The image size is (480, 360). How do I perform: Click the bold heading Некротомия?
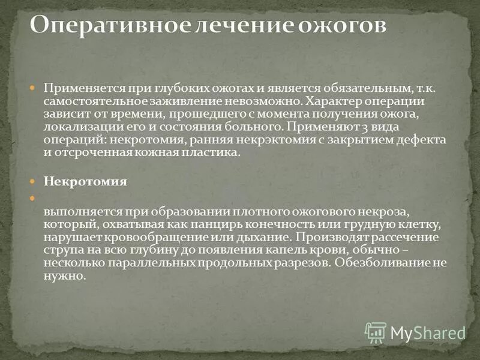(x=85, y=182)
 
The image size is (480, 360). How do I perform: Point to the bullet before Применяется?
(x=34, y=88)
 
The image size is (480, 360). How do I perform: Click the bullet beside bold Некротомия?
(x=34, y=182)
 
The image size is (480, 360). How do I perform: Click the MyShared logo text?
(x=428, y=332)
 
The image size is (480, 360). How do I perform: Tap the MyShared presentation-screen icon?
(x=375, y=332)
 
